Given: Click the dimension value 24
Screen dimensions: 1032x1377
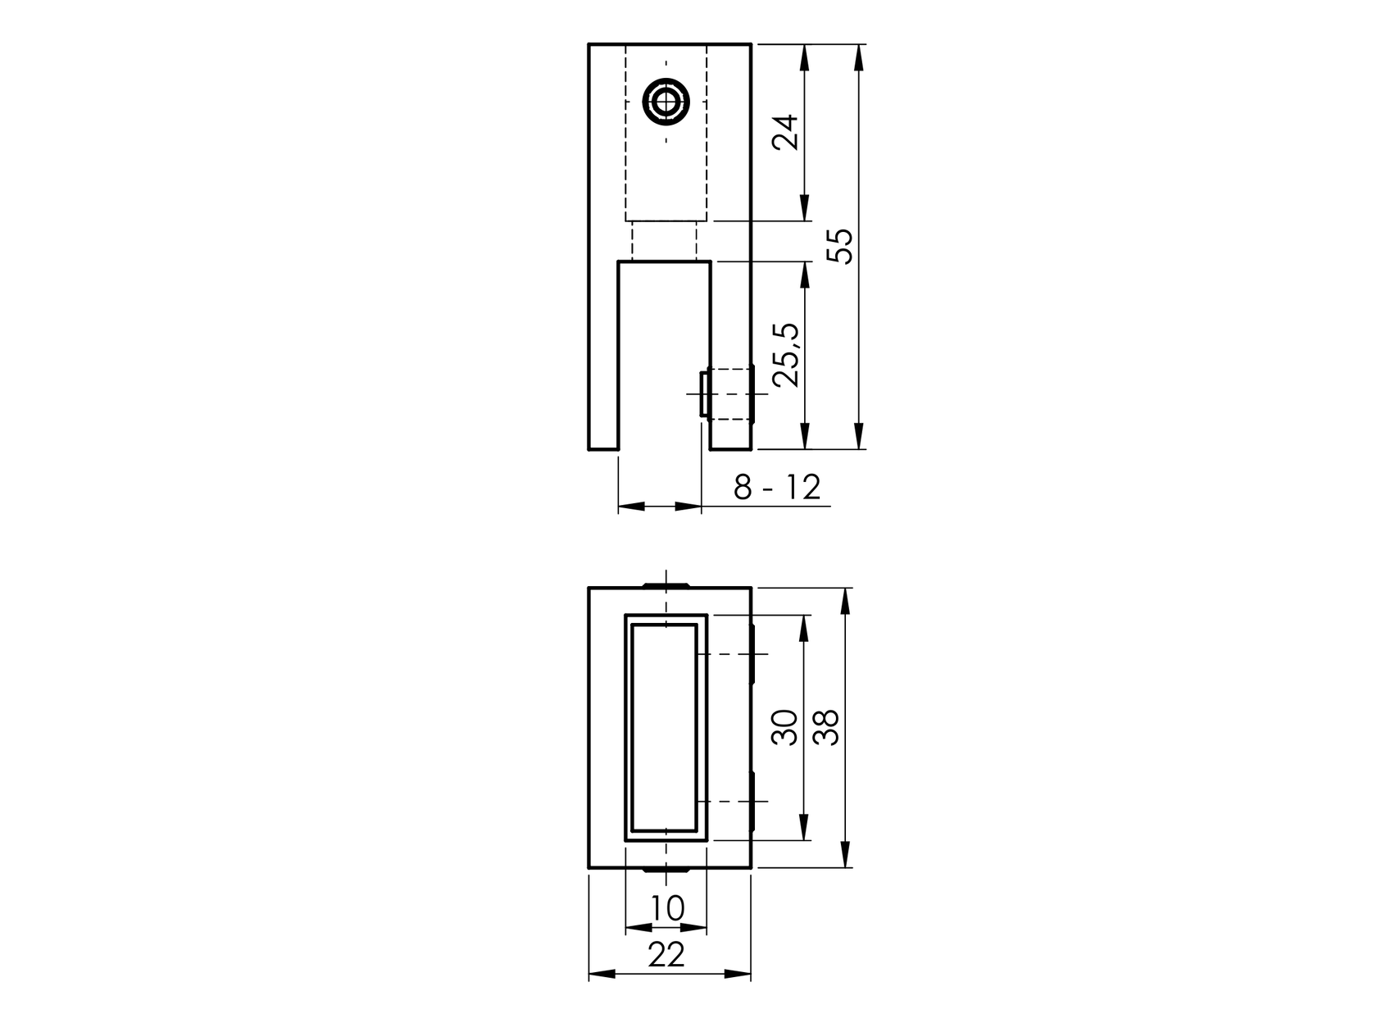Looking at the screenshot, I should (x=786, y=132).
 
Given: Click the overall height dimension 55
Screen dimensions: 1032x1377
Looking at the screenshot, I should (x=840, y=246).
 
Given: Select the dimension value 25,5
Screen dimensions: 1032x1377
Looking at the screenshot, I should (x=786, y=354).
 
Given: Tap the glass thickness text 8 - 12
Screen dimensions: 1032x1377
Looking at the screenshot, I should (x=776, y=488).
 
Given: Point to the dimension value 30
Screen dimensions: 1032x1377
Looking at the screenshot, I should (x=786, y=727).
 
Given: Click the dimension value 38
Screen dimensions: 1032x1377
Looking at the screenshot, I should (x=828, y=727).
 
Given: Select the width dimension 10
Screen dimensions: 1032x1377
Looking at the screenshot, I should (x=666, y=908).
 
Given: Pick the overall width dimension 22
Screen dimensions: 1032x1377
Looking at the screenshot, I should (x=666, y=955).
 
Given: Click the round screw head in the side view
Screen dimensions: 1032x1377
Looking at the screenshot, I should (x=666, y=103).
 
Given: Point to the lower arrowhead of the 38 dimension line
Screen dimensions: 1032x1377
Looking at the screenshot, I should (x=845, y=857).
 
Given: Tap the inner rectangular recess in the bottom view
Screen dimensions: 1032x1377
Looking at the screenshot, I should (x=666, y=727).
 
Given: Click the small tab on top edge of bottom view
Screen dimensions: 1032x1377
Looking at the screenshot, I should (x=666, y=584).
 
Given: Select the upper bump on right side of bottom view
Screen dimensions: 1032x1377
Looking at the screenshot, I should (x=750, y=654).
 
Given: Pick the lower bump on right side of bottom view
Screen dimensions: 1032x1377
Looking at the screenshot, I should (x=750, y=800).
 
